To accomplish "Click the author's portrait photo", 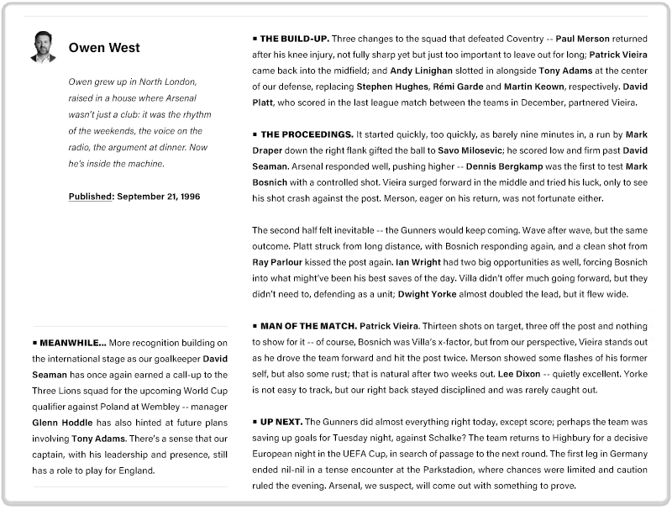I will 44,47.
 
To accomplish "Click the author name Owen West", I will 104,48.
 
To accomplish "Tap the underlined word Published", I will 91,197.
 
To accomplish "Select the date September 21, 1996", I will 159,197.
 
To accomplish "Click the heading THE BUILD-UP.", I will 295,39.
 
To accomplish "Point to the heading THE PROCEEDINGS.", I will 307,134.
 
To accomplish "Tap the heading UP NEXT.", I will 281,421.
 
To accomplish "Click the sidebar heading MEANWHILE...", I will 73,343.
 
